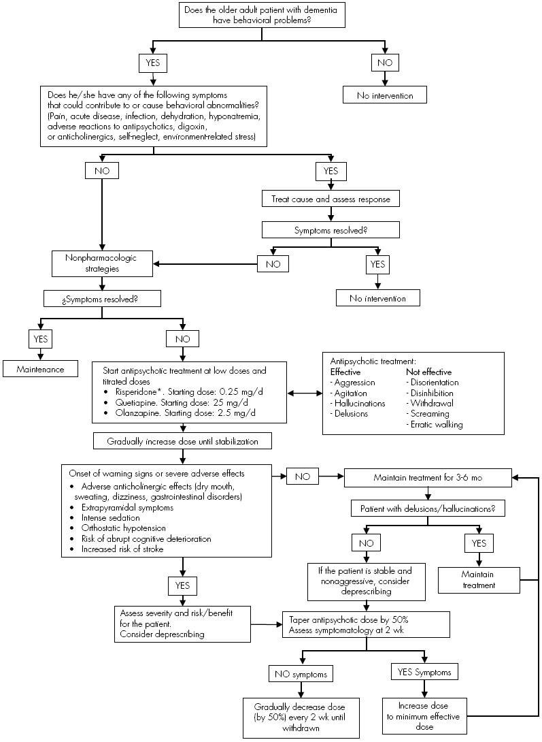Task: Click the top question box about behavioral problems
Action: [270, 15]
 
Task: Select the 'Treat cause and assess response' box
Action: [331, 199]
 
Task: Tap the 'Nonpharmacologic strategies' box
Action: [102, 263]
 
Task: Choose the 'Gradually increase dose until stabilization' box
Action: [183, 441]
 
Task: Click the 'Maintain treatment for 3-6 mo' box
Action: [427, 478]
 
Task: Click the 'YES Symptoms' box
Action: [424, 673]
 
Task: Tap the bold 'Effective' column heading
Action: [345, 372]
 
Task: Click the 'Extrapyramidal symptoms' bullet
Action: [126, 508]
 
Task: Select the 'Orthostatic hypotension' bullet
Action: [124, 528]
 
